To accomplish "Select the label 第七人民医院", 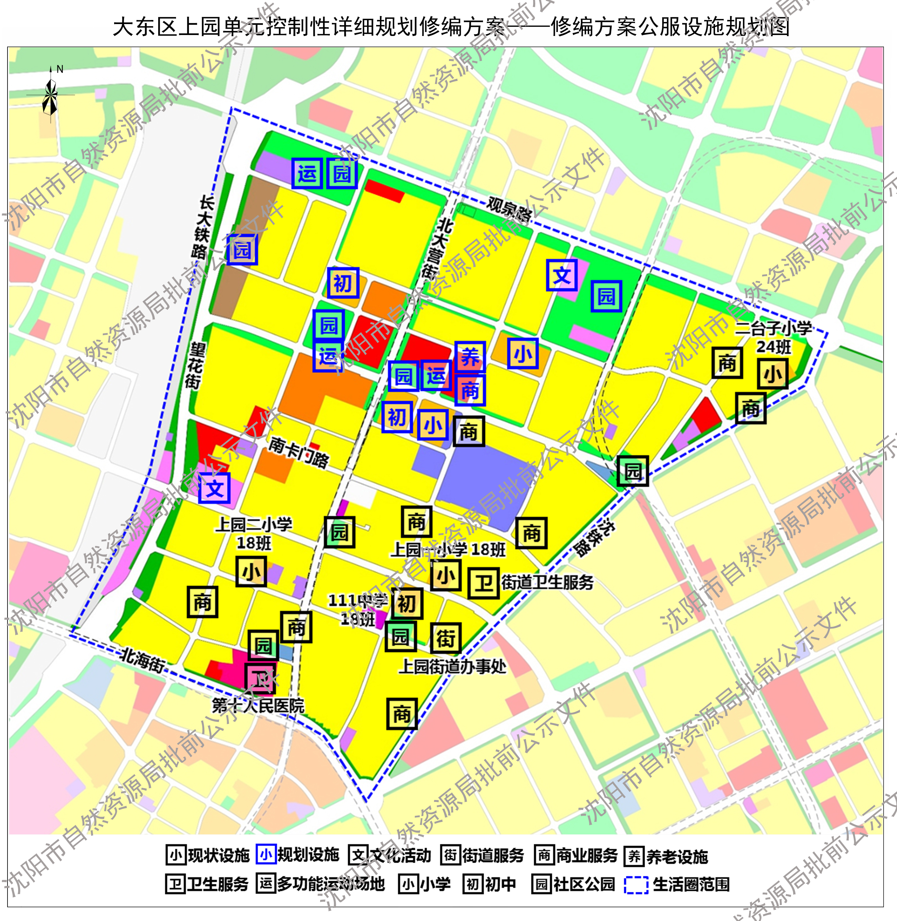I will click(x=258, y=706).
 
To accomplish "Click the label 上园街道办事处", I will click(x=452, y=667).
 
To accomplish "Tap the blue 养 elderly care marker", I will click(x=470, y=357).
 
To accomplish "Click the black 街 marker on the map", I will click(x=445, y=638).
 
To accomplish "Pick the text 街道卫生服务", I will click(x=547, y=583).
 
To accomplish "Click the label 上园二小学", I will click(x=254, y=524).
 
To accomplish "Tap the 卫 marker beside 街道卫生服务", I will click(x=483, y=584).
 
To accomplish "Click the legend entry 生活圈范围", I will click(x=691, y=884).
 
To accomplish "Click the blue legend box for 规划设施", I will click(x=266, y=855).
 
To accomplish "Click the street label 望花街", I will click(x=194, y=365).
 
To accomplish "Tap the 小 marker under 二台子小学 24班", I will click(x=772, y=374).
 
